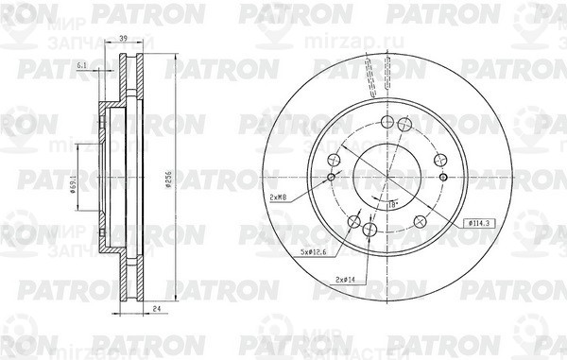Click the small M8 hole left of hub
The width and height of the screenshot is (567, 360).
(x=331, y=177)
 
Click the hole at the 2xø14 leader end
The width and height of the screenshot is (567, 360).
(x=370, y=229)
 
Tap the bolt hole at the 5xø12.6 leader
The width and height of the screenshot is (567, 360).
(x=354, y=223)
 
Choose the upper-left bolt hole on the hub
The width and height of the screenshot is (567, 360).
(x=333, y=160)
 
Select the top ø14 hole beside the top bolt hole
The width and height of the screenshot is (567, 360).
(x=405, y=125)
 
